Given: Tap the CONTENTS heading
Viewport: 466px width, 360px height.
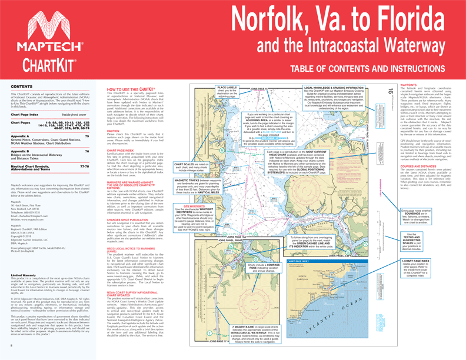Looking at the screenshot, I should (22, 87).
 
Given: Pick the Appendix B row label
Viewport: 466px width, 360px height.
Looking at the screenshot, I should (22, 151).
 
